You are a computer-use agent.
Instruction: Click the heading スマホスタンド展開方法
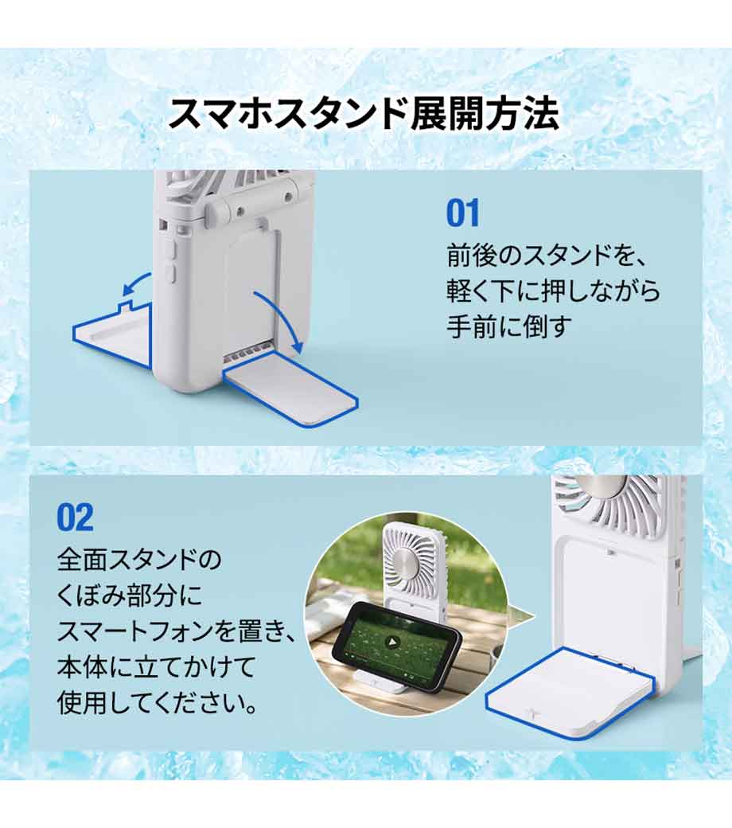pyautogui.click(x=363, y=114)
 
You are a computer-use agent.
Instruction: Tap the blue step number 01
pyautogui.click(x=463, y=213)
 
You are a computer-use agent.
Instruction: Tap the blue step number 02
pyautogui.click(x=76, y=517)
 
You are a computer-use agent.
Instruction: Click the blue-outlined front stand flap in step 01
pyautogui.click(x=290, y=393)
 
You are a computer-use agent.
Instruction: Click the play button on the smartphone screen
pyautogui.click(x=391, y=642)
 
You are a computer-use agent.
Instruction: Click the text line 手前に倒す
pyautogui.click(x=509, y=326)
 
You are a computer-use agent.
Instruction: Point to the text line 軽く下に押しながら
pyautogui.click(x=553, y=291)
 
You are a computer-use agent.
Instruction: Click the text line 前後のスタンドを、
pyautogui.click(x=547, y=255)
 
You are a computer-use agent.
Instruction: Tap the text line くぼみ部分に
pyautogui.click(x=130, y=596)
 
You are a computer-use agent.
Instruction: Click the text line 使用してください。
pyautogui.click(x=158, y=702)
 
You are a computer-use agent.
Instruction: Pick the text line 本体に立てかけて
pyautogui.click(x=156, y=666)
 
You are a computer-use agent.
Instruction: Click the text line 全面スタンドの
pyautogui.click(x=139, y=560)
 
